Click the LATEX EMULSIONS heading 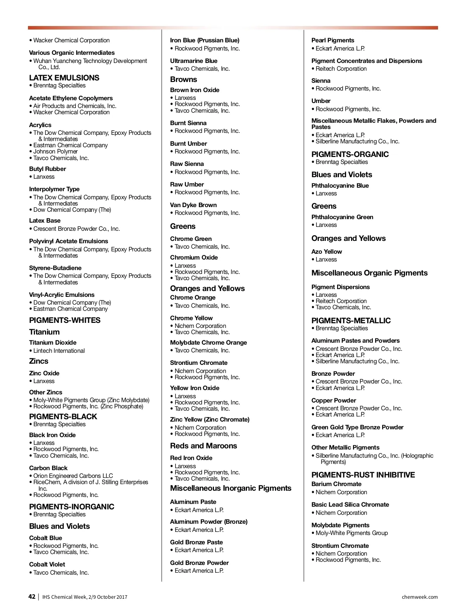64,78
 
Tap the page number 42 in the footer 32,597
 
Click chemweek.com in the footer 419,597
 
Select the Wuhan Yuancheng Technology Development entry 90,61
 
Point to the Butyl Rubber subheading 47,169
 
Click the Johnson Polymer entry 56,152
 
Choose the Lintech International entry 59,351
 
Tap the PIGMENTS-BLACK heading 63,417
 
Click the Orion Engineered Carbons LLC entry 73,476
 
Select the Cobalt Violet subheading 47,565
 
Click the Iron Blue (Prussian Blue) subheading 205,40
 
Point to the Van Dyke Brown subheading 193,205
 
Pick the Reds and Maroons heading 203,446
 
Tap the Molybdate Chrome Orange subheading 209,343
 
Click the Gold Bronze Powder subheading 199,563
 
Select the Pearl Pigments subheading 333,40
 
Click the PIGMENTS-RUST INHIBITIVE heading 363,475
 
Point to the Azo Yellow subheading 327,252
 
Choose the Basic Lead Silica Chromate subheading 350,505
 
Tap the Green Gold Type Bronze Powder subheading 357,427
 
